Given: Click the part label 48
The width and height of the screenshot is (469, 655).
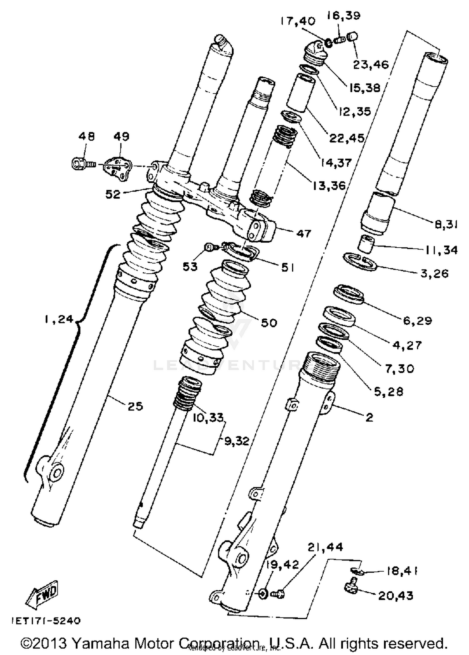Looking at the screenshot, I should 87,137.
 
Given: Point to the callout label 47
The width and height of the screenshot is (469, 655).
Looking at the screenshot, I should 304,233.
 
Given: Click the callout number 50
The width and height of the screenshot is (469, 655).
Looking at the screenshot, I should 269,322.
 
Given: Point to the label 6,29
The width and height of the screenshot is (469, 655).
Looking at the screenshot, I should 417,320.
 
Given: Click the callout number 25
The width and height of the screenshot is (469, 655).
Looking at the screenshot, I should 135,406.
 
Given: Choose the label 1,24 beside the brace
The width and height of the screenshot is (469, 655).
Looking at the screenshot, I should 59,319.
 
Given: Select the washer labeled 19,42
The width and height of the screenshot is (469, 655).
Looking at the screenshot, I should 263,593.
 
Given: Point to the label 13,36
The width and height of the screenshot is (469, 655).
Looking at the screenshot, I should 329,185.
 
